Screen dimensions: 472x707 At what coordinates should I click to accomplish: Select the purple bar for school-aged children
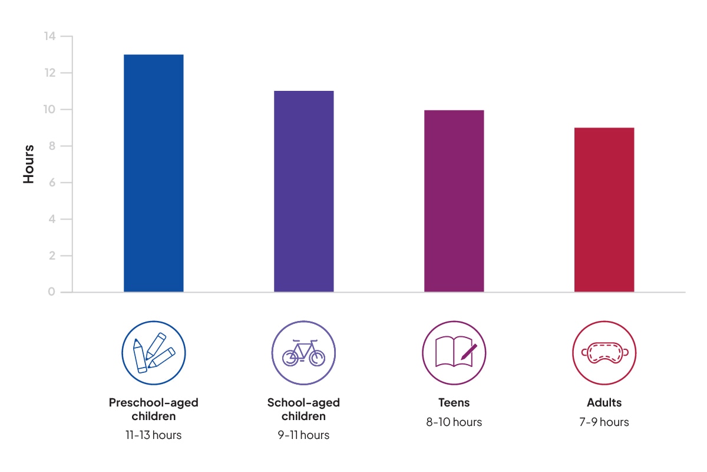303,191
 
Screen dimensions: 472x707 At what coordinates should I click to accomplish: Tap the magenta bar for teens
454,201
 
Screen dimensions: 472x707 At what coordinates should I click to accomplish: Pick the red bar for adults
604,209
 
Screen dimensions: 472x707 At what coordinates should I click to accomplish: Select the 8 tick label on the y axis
51,146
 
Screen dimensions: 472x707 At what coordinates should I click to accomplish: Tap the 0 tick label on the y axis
51,292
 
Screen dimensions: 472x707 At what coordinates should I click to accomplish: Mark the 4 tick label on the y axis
51,219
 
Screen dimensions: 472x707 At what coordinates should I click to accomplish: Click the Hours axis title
28,164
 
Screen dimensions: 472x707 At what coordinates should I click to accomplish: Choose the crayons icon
153,353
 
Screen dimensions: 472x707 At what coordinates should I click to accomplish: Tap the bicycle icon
303,353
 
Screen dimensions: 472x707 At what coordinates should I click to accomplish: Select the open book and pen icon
454,353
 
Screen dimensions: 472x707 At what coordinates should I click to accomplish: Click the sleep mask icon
604,353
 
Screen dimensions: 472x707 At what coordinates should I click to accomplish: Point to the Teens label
454,403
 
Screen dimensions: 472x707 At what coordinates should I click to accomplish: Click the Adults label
604,403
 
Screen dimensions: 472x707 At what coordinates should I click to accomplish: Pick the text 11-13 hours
153,435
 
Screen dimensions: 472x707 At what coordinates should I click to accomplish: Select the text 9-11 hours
303,435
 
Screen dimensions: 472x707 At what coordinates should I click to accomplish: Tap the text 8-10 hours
454,422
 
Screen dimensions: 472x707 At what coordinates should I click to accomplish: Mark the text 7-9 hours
604,422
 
